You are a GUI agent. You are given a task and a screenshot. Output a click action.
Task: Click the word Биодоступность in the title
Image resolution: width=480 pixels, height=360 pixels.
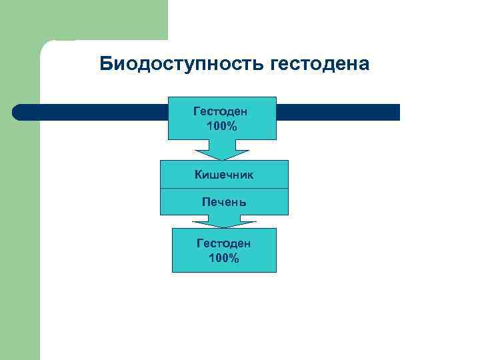point(182,64)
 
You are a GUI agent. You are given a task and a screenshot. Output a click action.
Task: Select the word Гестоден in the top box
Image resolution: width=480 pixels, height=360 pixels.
point(221,111)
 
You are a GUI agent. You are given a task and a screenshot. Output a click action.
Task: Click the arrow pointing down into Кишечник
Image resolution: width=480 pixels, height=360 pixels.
point(222,150)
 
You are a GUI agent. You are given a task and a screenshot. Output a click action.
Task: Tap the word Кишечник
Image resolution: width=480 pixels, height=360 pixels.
point(224,175)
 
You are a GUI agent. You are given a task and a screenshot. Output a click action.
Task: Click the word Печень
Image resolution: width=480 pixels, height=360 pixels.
point(224,201)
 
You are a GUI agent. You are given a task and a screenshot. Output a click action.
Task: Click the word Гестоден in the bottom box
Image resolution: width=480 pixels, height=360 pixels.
point(224,244)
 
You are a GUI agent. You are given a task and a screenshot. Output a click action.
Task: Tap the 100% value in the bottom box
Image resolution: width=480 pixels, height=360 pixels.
point(224,258)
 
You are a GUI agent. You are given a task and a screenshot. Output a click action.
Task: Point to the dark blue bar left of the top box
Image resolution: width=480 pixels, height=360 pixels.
point(93,112)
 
